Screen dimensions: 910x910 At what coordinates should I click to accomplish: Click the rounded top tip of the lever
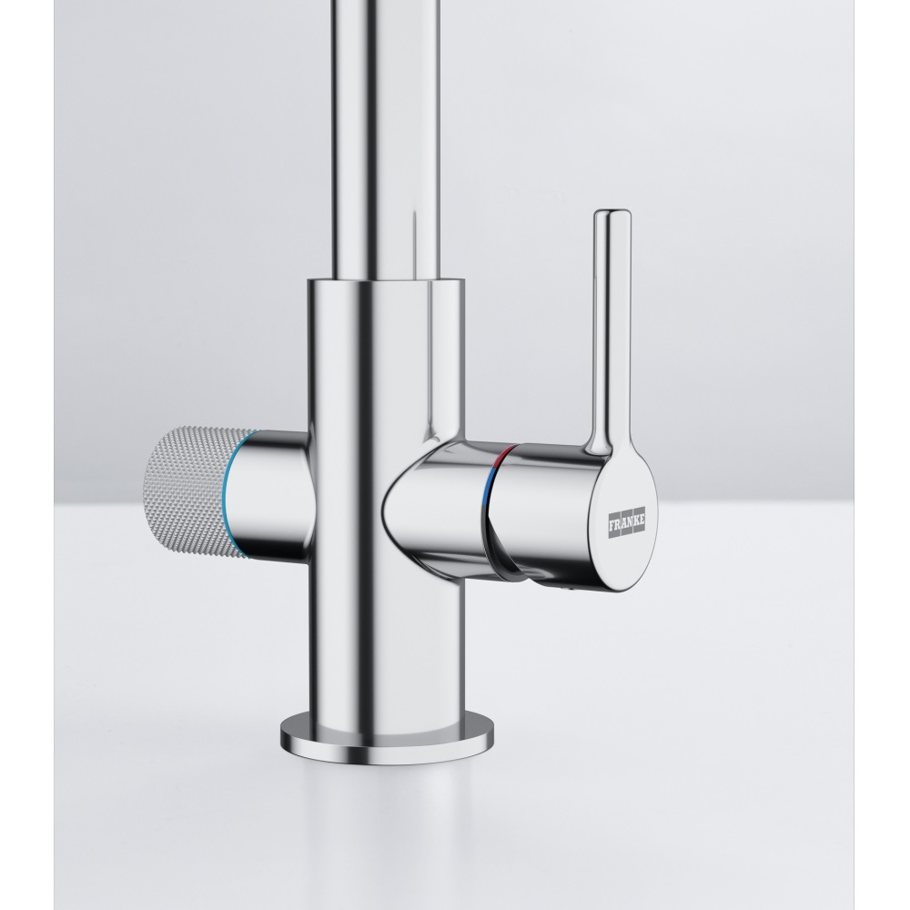pyautogui.click(x=611, y=218)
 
